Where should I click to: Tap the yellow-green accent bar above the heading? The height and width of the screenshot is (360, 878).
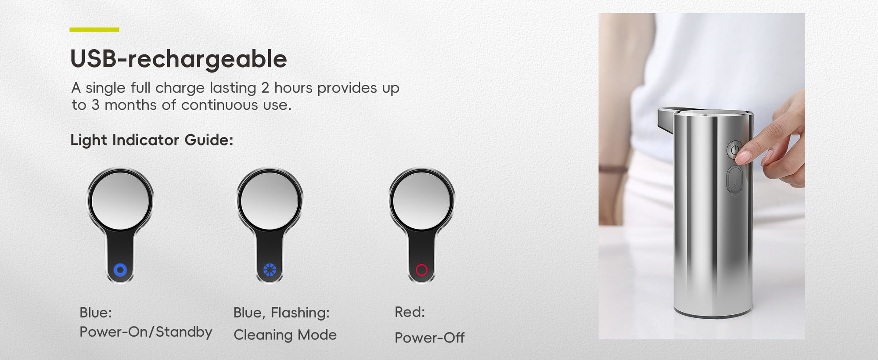[94, 30]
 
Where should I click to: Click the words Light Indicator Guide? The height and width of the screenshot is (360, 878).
[151, 140]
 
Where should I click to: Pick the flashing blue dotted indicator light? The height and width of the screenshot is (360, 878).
[270, 270]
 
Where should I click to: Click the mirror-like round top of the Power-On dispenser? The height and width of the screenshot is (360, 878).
[120, 201]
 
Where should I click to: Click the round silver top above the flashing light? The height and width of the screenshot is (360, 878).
[270, 201]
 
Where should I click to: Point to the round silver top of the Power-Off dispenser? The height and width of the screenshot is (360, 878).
[422, 201]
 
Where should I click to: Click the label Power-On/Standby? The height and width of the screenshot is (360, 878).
[146, 332]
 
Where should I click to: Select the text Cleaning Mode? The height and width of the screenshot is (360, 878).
[285, 335]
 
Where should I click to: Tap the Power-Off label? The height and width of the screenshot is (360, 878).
[429, 338]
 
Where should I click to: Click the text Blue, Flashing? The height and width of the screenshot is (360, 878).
[281, 313]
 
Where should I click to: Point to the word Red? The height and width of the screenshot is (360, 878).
[410, 312]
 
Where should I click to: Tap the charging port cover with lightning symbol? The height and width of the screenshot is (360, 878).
[735, 180]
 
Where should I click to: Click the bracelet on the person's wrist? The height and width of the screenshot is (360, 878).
[614, 169]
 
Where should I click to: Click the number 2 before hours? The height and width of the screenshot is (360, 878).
[265, 88]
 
